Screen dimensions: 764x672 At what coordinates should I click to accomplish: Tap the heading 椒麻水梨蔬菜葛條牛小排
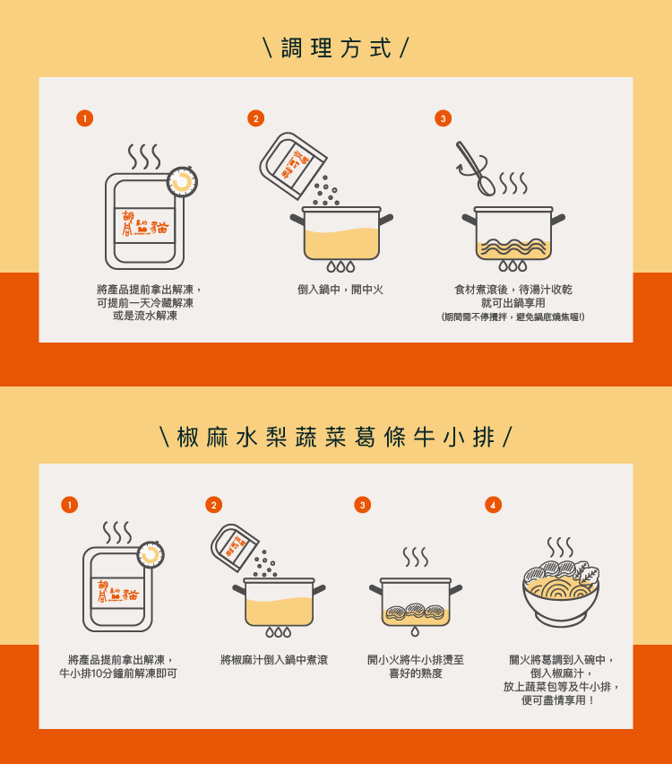(336, 437)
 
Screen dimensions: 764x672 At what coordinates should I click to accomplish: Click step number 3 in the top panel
(443, 118)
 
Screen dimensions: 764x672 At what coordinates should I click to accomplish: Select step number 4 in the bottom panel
(493, 505)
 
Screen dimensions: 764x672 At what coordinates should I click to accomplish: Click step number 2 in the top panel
(256, 118)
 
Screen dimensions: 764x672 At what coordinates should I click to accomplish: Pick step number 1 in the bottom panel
(69, 505)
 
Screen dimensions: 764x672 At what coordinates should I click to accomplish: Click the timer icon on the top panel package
(182, 182)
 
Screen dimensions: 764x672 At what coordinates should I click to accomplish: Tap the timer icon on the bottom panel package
(151, 555)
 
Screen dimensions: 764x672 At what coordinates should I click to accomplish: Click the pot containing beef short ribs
(415, 603)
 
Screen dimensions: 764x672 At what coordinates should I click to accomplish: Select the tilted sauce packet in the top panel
(293, 165)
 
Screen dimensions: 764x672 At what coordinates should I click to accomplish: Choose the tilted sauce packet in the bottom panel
(235, 548)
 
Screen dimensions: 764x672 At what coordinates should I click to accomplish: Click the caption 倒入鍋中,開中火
(340, 290)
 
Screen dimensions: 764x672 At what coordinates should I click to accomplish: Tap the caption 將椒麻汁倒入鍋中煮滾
(274, 660)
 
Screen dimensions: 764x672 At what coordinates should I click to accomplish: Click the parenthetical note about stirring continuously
(513, 317)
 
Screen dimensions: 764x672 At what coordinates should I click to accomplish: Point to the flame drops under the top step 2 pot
(340, 266)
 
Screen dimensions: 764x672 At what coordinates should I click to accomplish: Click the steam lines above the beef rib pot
(415, 557)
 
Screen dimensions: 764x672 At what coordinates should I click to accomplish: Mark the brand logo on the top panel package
(145, 225)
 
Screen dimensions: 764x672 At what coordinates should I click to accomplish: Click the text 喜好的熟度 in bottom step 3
(416, 673)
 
